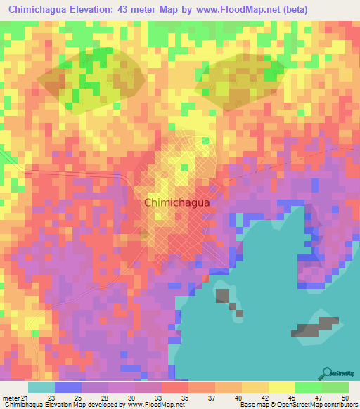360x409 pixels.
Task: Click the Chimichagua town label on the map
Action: click(176, 202)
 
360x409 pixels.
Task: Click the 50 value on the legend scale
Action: click(344, 397)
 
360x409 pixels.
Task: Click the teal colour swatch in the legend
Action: click(41, 387)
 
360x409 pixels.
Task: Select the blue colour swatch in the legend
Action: click(68, 387)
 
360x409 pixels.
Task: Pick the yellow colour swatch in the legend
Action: click(282, 387)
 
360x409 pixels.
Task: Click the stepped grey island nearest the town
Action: click(226, 298)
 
